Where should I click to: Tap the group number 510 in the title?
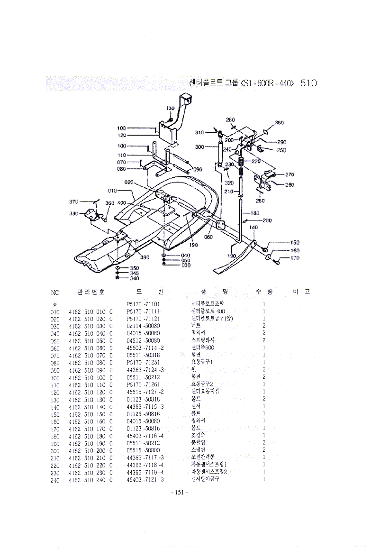pos(308,83)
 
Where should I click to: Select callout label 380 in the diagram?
pos(279,123)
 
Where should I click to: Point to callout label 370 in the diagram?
pos(73,201)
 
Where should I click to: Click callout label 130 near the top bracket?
pos(170,109)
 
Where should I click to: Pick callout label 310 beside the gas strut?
pos(199,132)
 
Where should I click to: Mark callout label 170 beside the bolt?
pos(295,258)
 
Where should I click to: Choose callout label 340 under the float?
pos(134,279)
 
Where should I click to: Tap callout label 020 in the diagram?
pos(128,182)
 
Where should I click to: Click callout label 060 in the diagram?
pos(208,237)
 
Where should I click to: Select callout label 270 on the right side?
pos(290,174)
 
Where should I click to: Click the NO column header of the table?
pos(55,292)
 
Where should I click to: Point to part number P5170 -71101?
pos(144,303)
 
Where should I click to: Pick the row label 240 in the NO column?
pos(55,480)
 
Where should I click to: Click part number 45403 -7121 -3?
pos(145,480)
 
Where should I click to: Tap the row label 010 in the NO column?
pos(55,311)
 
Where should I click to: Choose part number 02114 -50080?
pos(144,326)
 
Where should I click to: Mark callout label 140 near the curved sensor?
pos(253,228)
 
